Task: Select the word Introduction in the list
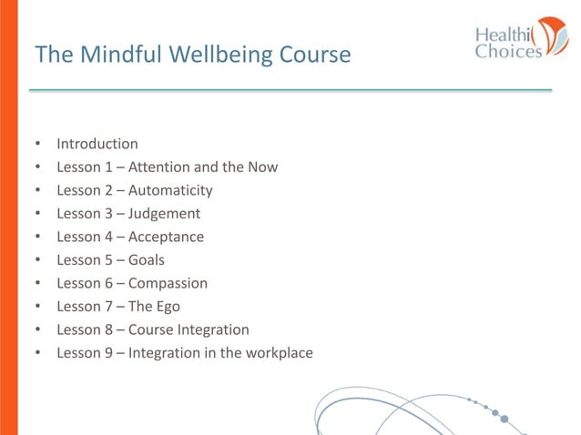[97, 144]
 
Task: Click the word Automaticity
[170, 191]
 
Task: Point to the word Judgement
[165, 214]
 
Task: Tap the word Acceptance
[167, 238]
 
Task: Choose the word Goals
[147, 260]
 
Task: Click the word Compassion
[168, 283]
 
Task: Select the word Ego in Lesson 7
[168, 307]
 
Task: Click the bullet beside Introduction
[38, 145]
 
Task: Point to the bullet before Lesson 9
[38, 353]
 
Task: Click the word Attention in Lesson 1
[159, 167]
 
